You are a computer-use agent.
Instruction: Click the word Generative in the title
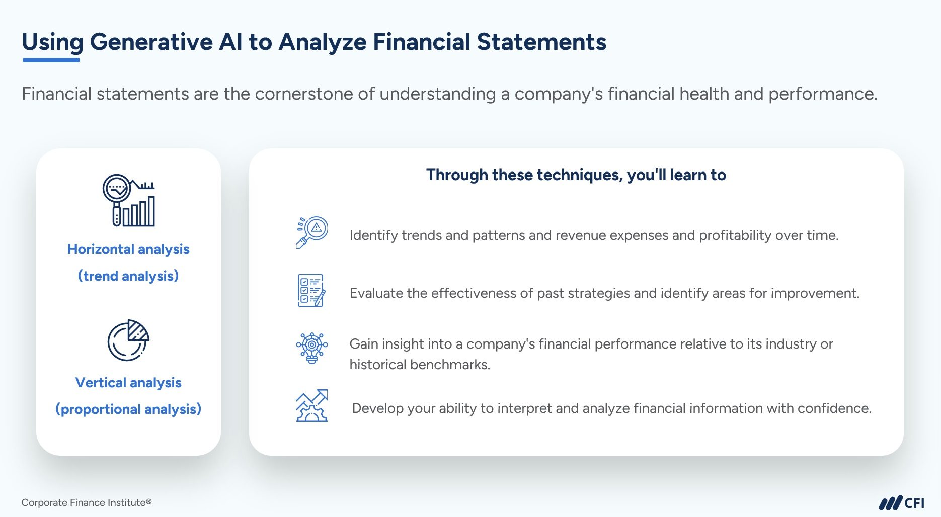tap(151, 42)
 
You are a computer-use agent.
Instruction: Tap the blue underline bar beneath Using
tap(51, 60)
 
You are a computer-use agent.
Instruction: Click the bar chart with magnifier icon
tap(129, 200)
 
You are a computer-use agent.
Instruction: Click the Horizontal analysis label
tap(128, 249)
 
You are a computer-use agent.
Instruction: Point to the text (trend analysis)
tap(128, 276)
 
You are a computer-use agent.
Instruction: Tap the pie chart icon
tap(128, 340)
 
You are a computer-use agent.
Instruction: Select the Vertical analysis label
tap(128, 383)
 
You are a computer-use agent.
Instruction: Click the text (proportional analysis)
tap(128, 409)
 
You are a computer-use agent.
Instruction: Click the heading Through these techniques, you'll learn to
tap(576, 175)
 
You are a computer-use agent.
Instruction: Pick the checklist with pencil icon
tap(311, 291)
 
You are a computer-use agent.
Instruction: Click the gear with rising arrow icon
tap(312, 406)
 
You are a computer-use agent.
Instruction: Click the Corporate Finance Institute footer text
tap(86, 503)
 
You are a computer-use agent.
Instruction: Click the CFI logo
tap(901, 503)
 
